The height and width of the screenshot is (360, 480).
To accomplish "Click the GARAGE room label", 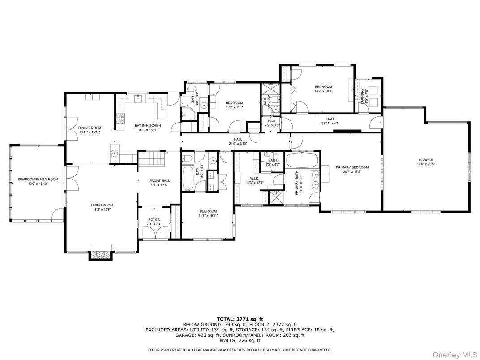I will tap(426, 160).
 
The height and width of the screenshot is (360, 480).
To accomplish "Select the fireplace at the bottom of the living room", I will tap(100, 254).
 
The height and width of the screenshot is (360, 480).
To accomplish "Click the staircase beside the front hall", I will tap(150, 159).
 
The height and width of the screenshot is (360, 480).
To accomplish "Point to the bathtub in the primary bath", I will tap(302, 160).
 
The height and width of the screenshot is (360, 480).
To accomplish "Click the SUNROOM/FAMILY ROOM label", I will tap(38, 179).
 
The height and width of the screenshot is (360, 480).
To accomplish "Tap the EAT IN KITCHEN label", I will tap(148, 126).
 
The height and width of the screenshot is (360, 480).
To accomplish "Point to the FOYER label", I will tap(154, 219).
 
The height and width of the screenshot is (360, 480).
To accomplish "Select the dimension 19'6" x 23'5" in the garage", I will tap(426, 164).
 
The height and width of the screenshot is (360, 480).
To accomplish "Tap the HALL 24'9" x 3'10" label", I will tap(238, 141).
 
